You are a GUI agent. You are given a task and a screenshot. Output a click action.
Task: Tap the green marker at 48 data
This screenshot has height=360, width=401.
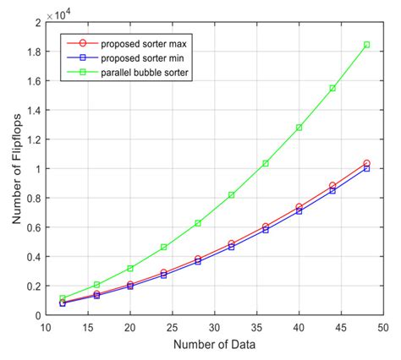366,45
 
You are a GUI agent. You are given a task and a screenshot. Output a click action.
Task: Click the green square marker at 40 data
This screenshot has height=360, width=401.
299,128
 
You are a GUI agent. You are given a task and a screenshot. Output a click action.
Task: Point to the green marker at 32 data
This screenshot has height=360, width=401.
232,195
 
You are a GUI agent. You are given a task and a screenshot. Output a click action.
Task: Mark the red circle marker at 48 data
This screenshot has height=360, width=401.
366,163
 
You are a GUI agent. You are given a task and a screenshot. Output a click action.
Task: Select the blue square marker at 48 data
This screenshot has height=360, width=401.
366,168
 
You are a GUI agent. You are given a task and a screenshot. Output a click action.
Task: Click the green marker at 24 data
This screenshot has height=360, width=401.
164,247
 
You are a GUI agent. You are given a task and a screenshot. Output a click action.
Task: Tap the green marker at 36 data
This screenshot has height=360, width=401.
266,163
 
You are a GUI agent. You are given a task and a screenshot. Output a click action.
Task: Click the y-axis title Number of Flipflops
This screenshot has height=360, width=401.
14,169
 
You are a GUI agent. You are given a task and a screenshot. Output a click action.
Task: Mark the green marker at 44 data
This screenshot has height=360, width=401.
332,88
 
